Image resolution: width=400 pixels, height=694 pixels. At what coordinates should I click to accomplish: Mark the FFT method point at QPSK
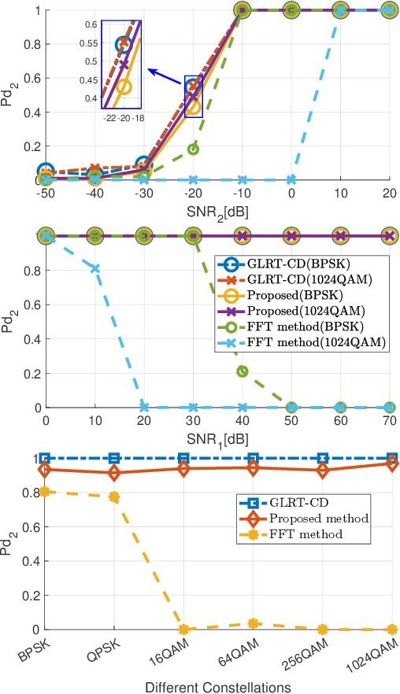pos(114,497)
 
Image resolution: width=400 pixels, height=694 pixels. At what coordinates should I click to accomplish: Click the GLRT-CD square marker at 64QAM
pos(253,458)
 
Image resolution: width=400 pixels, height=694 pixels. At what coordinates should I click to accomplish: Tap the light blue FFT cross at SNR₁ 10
pos(94,268)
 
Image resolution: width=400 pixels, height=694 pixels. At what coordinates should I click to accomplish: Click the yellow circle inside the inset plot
pos(124,86)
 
